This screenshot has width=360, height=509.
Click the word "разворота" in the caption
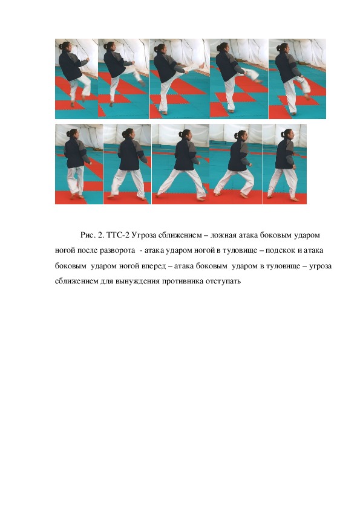point(117,251)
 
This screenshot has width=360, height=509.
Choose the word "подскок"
point(280,251)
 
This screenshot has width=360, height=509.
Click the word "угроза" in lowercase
point(320,266)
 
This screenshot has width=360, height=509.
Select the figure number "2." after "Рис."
point(100,235)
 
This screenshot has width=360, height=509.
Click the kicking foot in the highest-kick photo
point(201,65)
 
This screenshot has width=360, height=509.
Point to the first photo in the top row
point(76,79)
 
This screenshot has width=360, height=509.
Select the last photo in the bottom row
point(284,164)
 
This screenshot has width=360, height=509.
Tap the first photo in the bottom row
point(79,164)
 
